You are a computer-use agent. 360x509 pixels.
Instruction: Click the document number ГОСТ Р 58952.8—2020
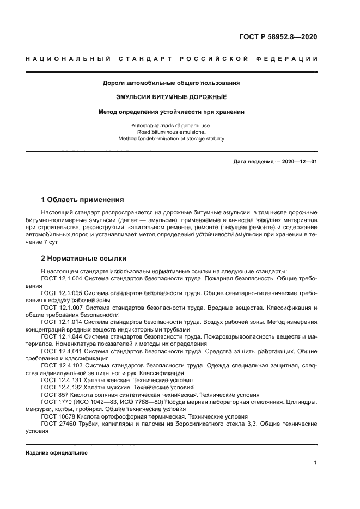coord(278,37)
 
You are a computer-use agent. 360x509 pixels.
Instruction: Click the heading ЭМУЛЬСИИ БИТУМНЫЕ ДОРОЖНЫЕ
coord(172,97)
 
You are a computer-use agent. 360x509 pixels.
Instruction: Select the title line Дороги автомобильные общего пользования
coord(172,83)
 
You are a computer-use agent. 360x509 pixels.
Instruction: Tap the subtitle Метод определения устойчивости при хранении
coord(172,112)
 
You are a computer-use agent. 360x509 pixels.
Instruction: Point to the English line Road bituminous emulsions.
coord(172,132)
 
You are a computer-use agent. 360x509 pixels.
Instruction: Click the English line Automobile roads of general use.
coord(172,126)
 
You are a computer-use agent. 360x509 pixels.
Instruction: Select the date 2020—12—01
coord(299,162)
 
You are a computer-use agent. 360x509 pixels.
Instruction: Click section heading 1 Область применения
coord(82,200)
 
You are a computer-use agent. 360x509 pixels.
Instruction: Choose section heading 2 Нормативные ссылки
coord(84,259)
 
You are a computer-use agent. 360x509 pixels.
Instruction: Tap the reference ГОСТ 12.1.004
coord(62,279)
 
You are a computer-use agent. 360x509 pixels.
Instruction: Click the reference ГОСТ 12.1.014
coord(62,322)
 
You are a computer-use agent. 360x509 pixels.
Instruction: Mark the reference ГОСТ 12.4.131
coord(62,380)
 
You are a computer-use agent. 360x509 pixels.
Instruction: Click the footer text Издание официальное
coord(57,453)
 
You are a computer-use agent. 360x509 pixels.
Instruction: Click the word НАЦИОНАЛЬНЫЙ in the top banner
coord(64,58)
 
